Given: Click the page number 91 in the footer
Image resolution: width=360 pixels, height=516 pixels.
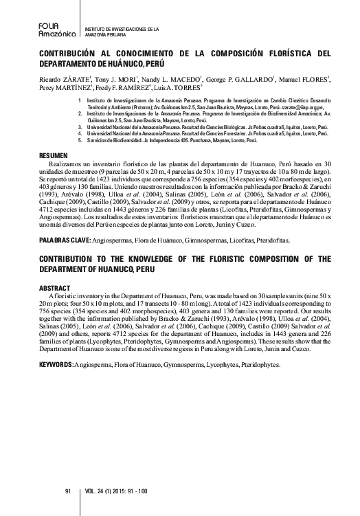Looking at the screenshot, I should click(67, 491).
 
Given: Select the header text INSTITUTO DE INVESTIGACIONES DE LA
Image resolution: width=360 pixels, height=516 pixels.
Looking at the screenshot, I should click(122, 29).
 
